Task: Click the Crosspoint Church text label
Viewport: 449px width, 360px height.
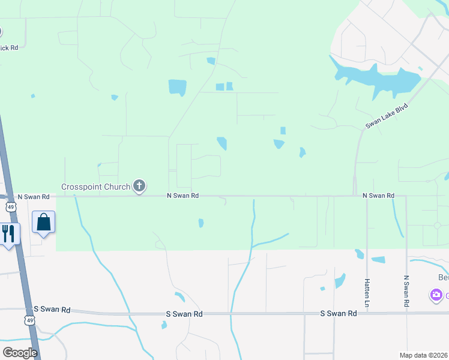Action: tap(95, 187)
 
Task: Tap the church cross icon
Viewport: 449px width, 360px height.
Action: tap(139, 186)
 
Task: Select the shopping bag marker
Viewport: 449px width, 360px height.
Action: tap(44, 222)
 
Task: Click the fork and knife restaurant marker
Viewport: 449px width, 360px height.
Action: tap(8, 233)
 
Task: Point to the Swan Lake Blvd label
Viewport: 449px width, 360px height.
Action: tap(387, 115)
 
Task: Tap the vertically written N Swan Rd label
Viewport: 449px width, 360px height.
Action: tap(406, 292)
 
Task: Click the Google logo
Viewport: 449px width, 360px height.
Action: tap(20, 352)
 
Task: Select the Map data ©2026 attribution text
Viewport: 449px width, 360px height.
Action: tap(424, 355)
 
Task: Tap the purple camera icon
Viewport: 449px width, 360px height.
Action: tap(436, 295)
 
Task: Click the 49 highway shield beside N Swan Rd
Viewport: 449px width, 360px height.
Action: tap(10, 207)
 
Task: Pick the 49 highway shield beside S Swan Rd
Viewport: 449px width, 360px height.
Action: tap(29, 321)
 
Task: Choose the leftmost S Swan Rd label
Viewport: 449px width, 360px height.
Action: tap(52, 310)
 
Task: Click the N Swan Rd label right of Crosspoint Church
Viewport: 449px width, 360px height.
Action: tap(182, 196)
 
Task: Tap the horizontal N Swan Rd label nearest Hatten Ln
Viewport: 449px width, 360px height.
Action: tap(378, 196)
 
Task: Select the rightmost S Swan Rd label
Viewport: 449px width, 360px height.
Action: tap(339, 313)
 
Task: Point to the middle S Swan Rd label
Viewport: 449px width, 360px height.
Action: tap(184, 314)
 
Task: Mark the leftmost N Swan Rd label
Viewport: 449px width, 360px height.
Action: tap(34, 196)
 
